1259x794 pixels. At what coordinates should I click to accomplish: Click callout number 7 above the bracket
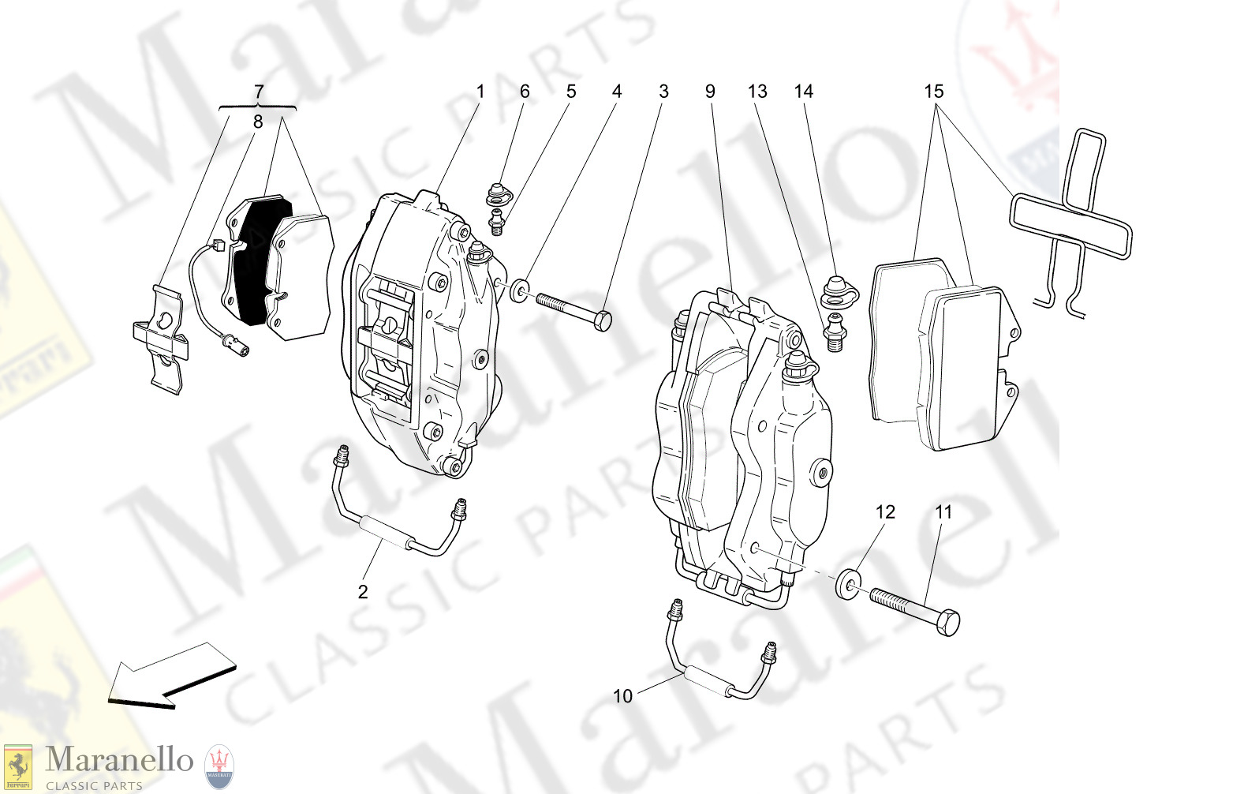pyautogui.click(x=259, y=92)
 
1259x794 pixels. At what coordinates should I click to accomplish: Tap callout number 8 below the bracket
pyautogui.click(x=258, y=122)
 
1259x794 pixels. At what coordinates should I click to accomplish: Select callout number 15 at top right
pyautogui.click(x=933, y=92)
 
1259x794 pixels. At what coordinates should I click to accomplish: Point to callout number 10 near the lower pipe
pyautogui.click(x=622, y=696)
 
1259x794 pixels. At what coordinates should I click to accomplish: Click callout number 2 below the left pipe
pyautogui.click(x=363, y=592)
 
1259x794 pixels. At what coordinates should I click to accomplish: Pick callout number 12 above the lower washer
pyautogui.click(x=885, y=512)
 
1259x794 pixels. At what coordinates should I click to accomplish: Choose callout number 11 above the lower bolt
pyautogui.click(x=943, y=512)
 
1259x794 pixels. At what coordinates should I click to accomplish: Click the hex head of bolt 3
pyautogui.click(x=602, y=320)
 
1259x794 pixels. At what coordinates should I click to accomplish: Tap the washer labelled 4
pyautogui.click(x=520, y=290)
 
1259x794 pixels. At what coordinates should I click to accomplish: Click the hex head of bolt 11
pyautogui.click(x=948, y=621)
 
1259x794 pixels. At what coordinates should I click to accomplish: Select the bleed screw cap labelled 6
pyautogui.click(x=498, y=193)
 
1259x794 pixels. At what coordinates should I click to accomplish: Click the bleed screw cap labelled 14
pyautogui.click(x=835, y=290)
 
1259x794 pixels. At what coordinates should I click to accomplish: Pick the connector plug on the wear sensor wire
pyautogui.click(x=236, y=343)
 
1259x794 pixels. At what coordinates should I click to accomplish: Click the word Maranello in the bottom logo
pyautogui.click(x=118, y=760)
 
